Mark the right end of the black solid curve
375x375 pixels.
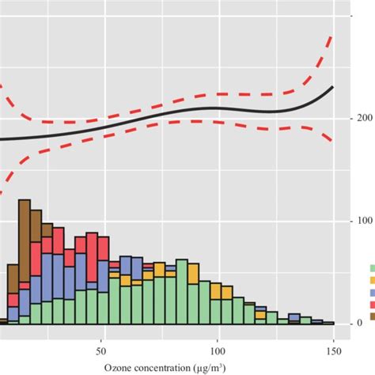pyautogui.click(x=333, y=87)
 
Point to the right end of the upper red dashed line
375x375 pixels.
pyautogui.click(x=333, y=36)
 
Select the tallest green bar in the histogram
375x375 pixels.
pyautogui.click(x=182, y=292)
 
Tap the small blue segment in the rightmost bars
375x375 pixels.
pyautogui.click(x=294, y=317)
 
